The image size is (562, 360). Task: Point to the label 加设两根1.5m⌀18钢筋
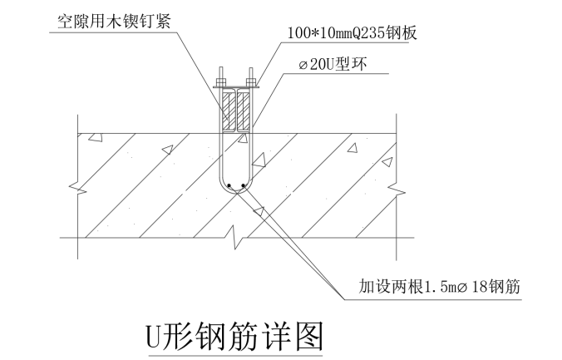[x=439, y=287]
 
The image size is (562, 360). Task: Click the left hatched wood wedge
[x=227, y=111]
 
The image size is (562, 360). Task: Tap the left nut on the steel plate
[x=221, y=81]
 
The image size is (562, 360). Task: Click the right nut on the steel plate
[x=252, y=81]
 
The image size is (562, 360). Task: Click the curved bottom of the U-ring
[x=236, y=193]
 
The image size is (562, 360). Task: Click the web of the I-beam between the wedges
[x=236, y=111]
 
